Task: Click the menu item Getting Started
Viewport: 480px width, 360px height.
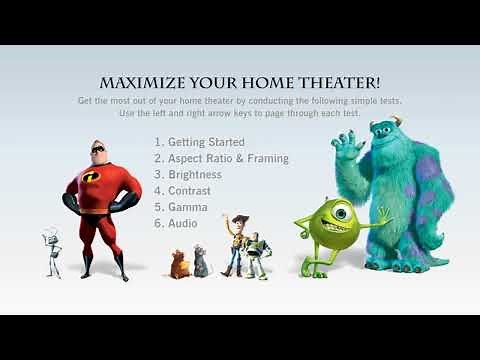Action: [206, 142]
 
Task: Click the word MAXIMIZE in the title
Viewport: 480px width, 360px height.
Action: [140, 82]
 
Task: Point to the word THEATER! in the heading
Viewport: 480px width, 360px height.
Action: [340, 82]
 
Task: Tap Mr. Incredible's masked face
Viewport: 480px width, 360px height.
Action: [98, 149]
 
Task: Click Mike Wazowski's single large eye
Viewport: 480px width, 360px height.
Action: [337, 212]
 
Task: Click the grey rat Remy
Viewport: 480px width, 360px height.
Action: [199, 264]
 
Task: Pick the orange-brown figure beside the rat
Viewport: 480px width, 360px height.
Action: [180, 263]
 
